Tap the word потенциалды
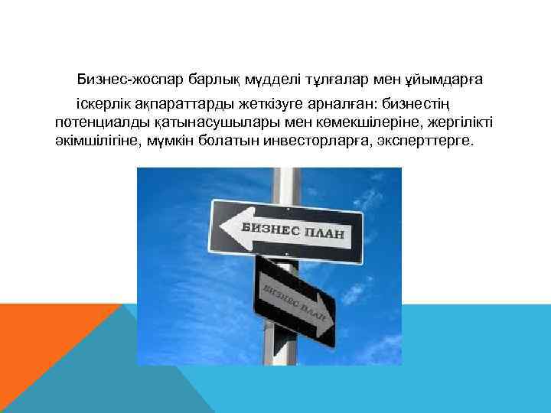pos(97,122)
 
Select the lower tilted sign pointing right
pos(295,301)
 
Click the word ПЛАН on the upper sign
pos(321,233)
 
